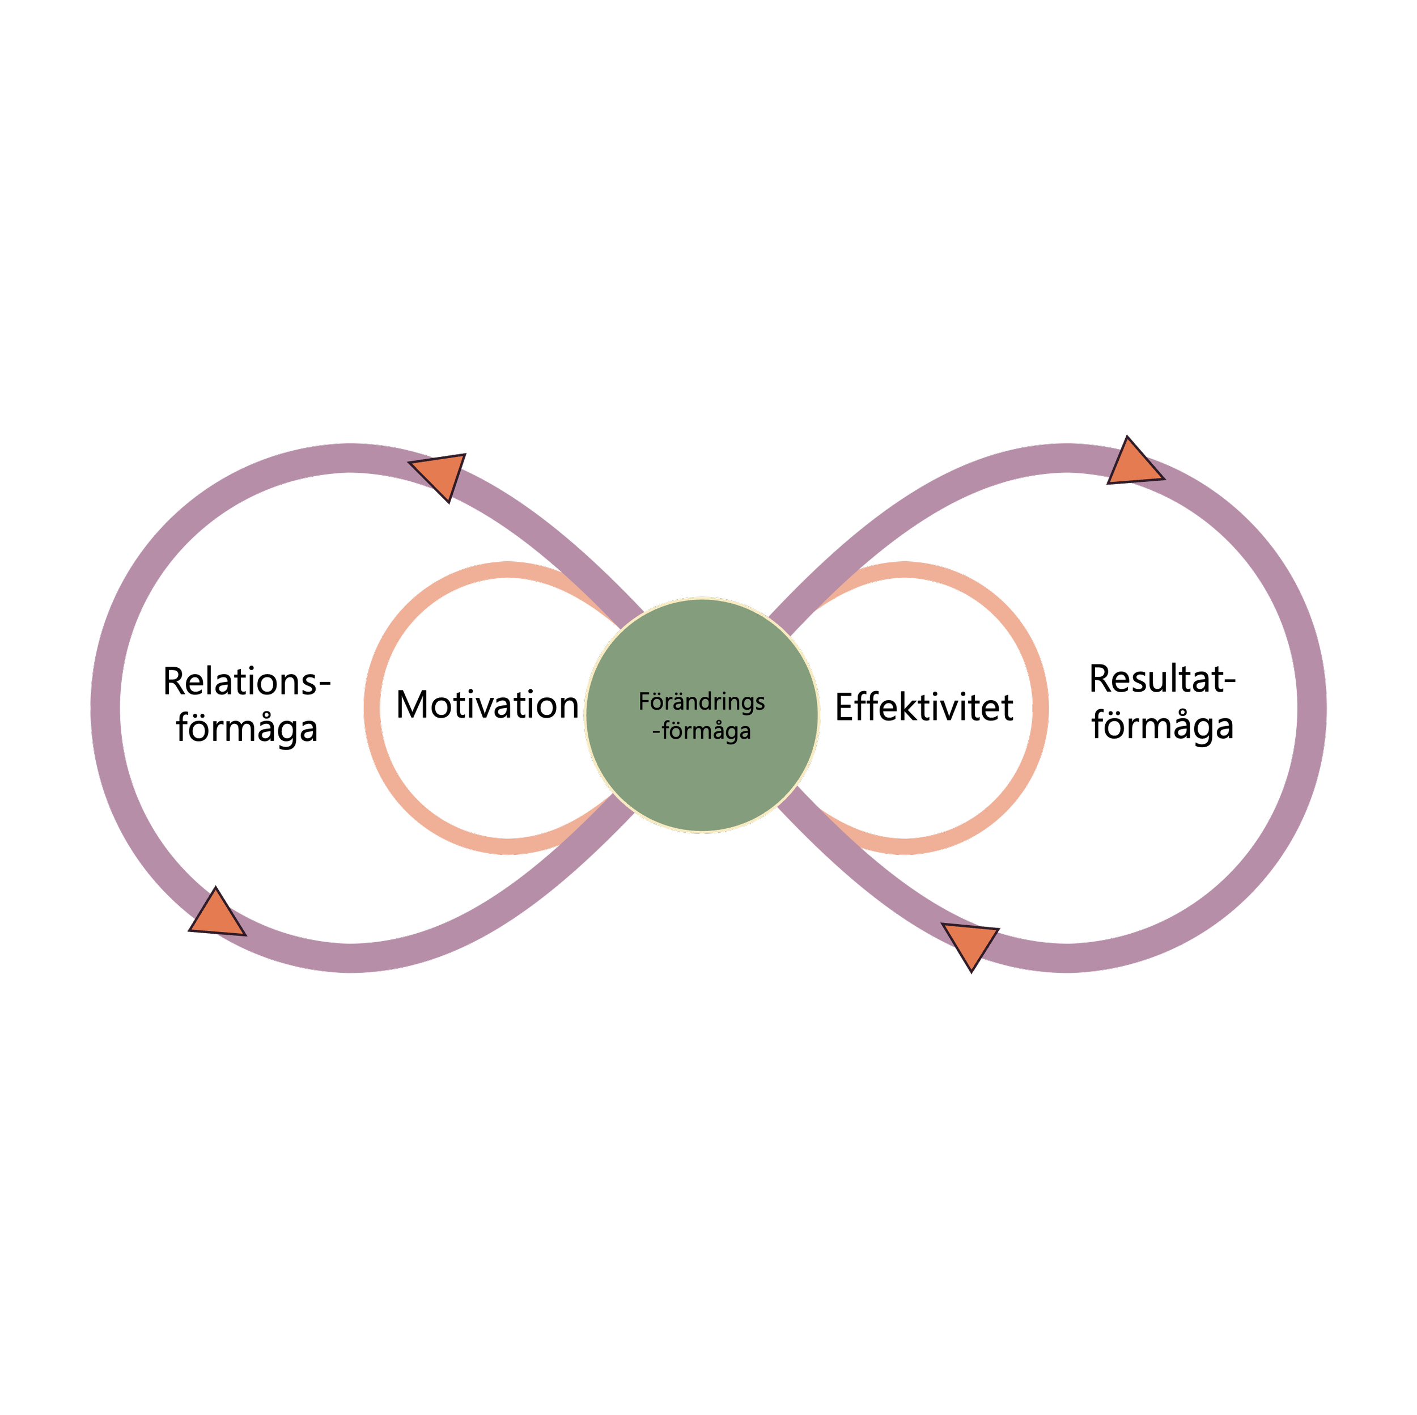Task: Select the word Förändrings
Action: pos(701,702)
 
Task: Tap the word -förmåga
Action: pos(701,732)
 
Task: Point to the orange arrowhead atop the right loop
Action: pos(1133,464)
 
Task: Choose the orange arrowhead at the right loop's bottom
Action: pos(970,943)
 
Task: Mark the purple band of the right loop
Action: pos(1310,708)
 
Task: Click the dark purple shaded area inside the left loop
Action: pos(242,557)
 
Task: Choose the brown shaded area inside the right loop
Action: pos(1210,807)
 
